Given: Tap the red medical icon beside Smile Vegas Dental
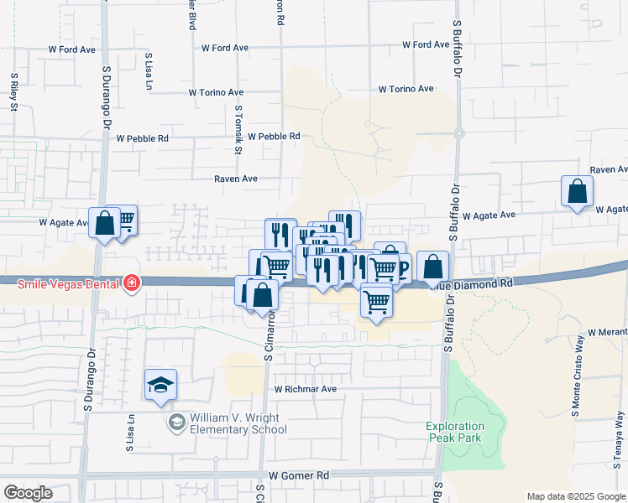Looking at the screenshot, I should tap(131, 283).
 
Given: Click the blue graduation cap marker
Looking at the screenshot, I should tap(160, 385).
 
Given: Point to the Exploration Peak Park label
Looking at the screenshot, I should tap(456, 432).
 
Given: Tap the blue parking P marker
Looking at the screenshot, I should tap(402, 268).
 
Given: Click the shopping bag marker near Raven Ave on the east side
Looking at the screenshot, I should tap(578, 191).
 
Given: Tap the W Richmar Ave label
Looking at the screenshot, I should tap(306, 389).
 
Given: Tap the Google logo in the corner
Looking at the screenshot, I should tap(28, 493).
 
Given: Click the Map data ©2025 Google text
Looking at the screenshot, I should tap(577, 496).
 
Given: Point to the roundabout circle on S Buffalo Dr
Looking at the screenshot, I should tap(459, 133).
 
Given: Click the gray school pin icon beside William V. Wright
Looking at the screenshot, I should tap(176, 422).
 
